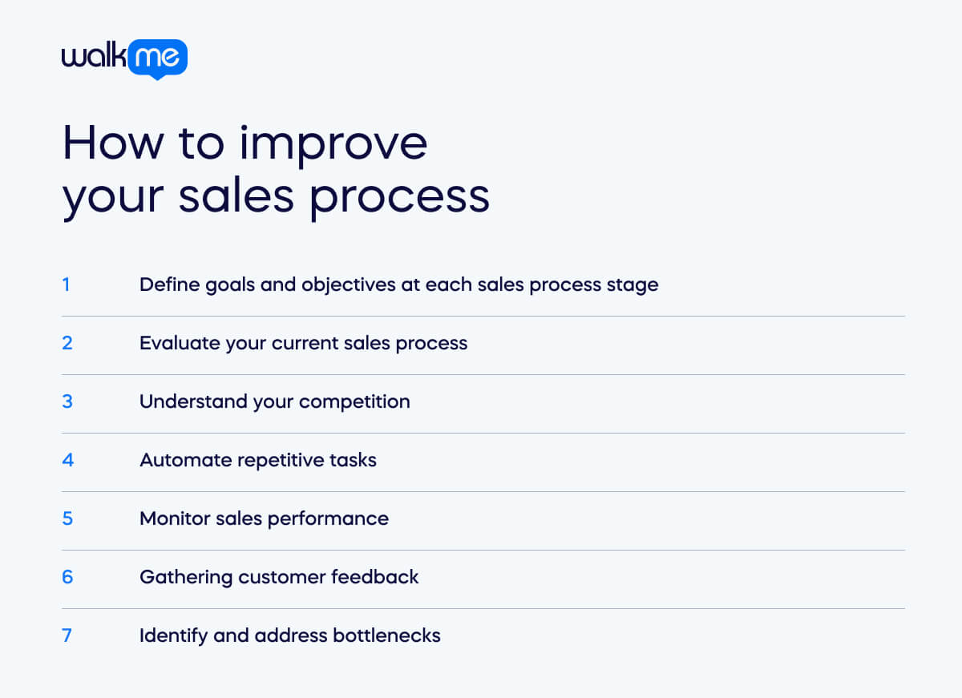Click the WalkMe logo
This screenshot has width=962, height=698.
pos(124,59)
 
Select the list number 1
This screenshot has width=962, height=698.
pos(66,284)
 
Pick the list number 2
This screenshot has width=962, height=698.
pos(67,343)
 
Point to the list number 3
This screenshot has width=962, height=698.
pos(67,401)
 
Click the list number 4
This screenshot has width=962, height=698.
pos(67,460)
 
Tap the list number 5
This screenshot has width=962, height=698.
pos(67,518)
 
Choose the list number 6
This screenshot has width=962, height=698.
pos(67,577)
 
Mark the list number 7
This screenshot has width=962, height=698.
pos(67,635)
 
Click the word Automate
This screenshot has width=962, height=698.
pos(177,460)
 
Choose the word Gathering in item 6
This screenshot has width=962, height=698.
pos(178,578)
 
